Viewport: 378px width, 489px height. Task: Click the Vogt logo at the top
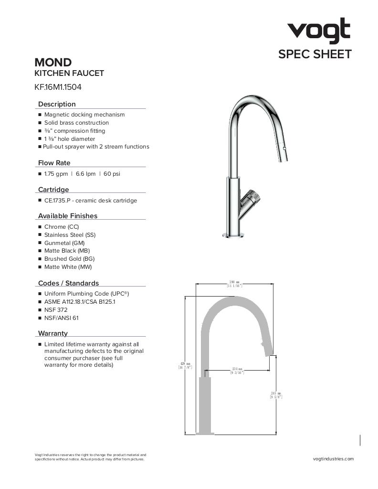coord(318,31)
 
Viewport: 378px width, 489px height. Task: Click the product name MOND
coord(53,63)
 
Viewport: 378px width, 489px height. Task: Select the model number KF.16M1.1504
coord(54,87)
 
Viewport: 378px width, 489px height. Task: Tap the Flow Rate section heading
coord(54,163)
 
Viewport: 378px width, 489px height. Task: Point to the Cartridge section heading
coord(53,190)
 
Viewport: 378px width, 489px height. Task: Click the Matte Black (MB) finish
coord(67,251)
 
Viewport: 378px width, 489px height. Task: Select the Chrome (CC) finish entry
coord(62,227)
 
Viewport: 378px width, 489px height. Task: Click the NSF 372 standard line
coord(56,310)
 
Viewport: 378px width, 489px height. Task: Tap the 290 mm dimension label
coord(234,284)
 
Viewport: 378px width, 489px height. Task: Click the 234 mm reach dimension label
coord(237,371)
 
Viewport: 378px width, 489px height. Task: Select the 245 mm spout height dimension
coord(276,395)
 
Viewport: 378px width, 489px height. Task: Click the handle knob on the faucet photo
coord(251,196)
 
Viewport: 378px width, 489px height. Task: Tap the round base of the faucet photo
coord(232,234)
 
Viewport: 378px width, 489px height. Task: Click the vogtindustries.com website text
coord(333,459)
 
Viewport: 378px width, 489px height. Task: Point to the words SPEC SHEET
coord(315,54)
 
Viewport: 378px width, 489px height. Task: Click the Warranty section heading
coord(53,333)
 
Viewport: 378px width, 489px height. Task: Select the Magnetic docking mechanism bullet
coord(84,115)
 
